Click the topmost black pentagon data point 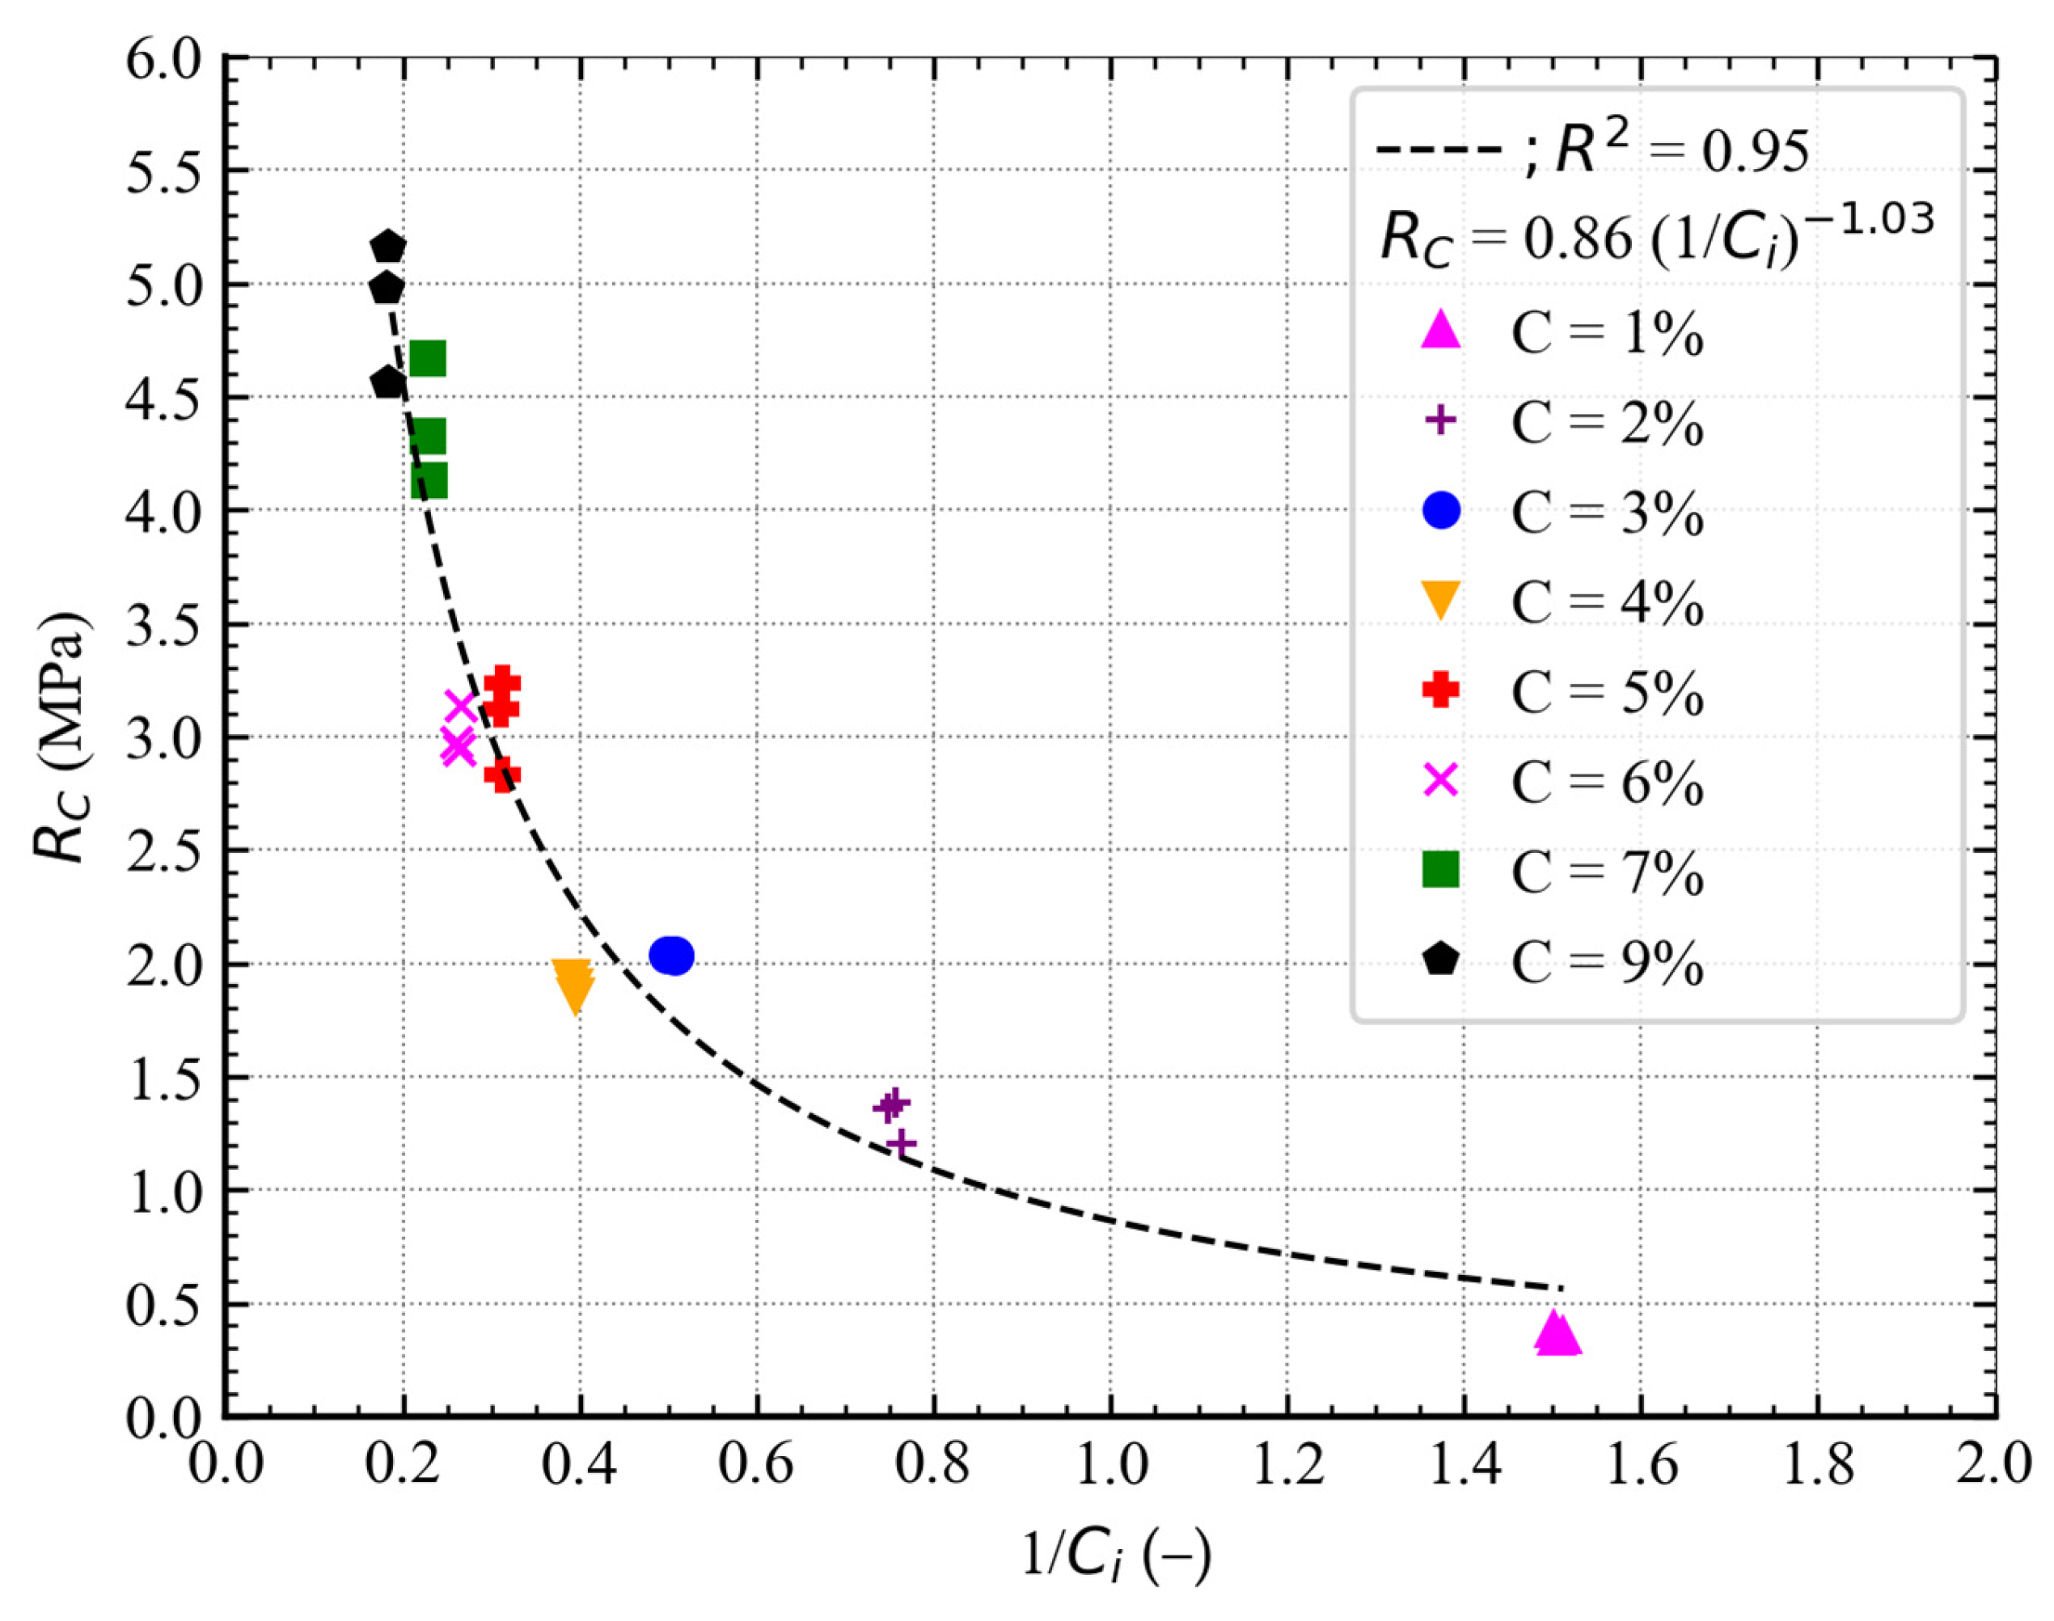(388, 247)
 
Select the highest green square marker (428, 360)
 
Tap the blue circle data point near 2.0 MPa (672, 955)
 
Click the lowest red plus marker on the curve (502, 775)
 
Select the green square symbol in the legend (1440, 869)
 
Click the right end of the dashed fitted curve (1561, 1288)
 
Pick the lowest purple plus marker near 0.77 (901, 1144)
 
